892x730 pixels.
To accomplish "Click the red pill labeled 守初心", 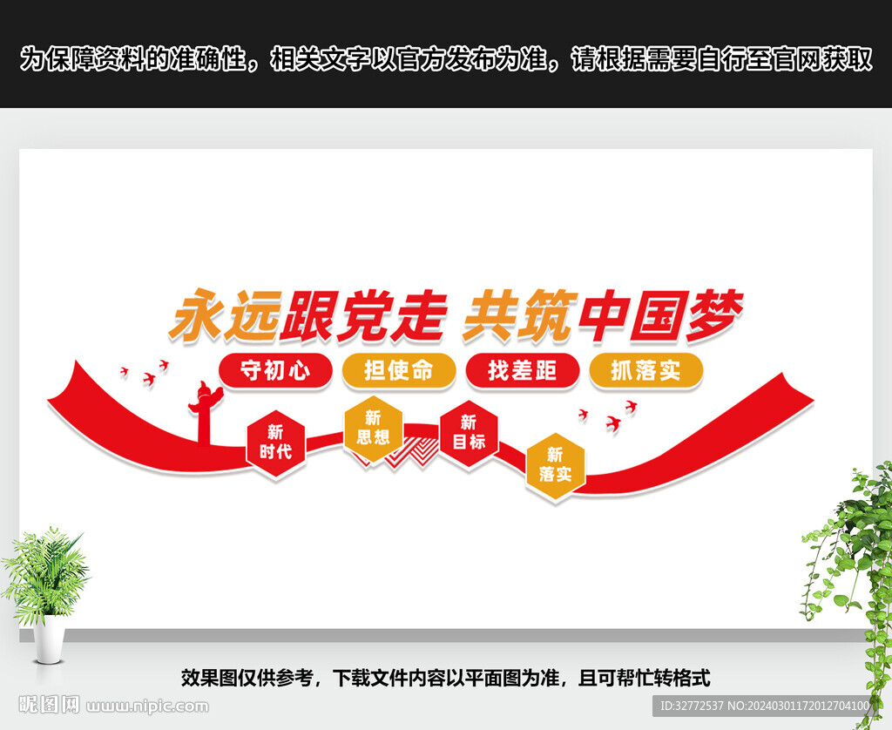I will point(275,370).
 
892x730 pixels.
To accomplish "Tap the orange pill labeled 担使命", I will point(398,370).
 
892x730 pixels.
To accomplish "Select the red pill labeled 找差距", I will point(522,370).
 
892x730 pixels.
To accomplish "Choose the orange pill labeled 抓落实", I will point(645,370).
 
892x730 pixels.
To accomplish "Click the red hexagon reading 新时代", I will point(275,443).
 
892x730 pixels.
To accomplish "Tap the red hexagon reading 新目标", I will point(469,432).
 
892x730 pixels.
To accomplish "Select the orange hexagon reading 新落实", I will point(555,465).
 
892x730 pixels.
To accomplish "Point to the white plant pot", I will point(49,638).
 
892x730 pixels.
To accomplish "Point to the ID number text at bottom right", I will point(764,705).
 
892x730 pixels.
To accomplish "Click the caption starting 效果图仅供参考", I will point(445,678).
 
